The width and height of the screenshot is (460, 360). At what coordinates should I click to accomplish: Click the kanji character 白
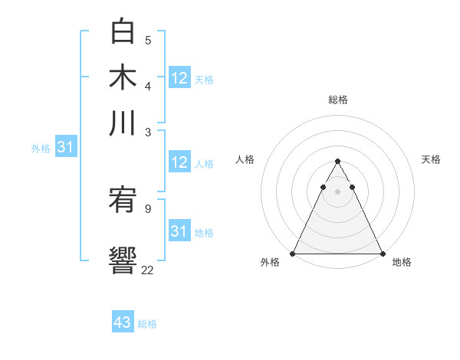pyautogui.click(x=123, y=31)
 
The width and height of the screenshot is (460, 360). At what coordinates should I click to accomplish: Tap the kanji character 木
pyautogui.click(x=123, y=77)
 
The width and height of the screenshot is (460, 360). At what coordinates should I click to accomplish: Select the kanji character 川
pyautogui.click(x=123, y=122)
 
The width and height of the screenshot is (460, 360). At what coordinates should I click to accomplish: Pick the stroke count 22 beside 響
pyautogui.click(x=148, y=269)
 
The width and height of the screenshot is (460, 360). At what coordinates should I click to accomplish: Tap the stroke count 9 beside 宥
pyautogui.click(x=148, y=208)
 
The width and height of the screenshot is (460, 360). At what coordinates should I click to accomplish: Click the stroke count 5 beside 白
pyautogui.click(x=148, y=40)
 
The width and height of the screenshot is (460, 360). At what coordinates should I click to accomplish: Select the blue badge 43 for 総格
pyautogui.click(x=123, y=322)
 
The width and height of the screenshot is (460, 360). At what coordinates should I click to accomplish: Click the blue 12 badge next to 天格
pyautogui.click(x=179, y=78)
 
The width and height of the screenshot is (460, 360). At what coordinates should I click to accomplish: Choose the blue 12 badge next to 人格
pyautogui.click(x=179, y=162)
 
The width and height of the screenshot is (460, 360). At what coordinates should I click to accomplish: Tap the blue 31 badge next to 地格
pyautogui.click(x=179, y=231)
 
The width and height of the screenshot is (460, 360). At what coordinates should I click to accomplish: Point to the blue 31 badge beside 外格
pyautogui.click(x=65, y=148)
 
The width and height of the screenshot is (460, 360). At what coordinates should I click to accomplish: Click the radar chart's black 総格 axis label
pyautogui.click(x=338, y=100)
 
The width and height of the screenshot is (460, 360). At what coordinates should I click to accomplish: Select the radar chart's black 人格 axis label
pyautogui.click(x=245, y=159)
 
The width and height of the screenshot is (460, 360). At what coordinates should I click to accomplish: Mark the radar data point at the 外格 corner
pyautogui.click(x=294, y=253)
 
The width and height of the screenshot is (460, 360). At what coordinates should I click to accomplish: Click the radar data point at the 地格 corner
pyautogui.click(x=382, y=253)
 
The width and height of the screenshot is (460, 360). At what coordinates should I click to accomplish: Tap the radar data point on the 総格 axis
pyautogui.click(x=338, y=162)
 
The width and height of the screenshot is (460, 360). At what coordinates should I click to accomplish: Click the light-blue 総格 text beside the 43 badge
pyautogui.click(x=147, y=324)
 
